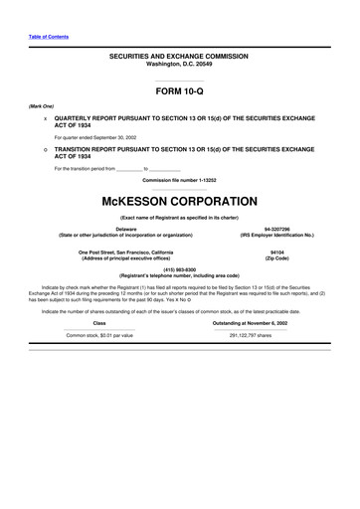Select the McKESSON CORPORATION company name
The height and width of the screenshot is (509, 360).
coord(179,201)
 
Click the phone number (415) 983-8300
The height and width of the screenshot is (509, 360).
coord(179,268)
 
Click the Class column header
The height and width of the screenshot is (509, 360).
coord(99,295)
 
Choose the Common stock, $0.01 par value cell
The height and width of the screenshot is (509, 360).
coord(99,307)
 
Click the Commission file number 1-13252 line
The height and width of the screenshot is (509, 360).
coord(179,179)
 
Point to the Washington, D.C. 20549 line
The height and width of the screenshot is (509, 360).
coord(179,65)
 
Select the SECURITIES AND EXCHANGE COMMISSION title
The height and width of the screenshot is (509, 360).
coord(179,57)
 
